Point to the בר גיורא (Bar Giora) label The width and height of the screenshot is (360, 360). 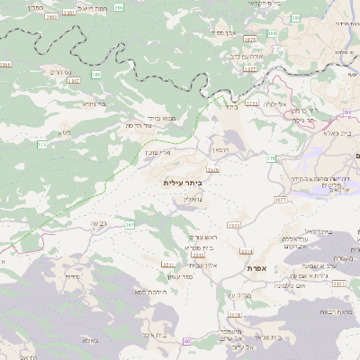[94, 103]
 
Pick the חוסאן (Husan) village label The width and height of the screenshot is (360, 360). [220, 149]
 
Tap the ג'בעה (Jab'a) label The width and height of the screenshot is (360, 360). [98, 223]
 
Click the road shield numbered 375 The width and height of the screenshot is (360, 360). [41, 144]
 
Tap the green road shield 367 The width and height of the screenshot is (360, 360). [130, 225]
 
